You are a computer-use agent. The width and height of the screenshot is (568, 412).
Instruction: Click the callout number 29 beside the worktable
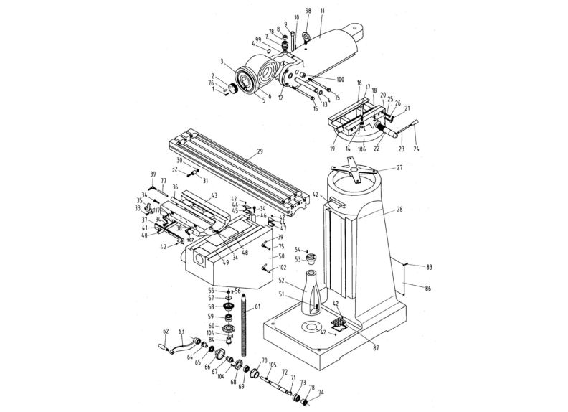(x=260, y=152)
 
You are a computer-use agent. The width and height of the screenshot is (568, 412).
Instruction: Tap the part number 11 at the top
(x=322, y=11)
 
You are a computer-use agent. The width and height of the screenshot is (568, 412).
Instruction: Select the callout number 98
(x=308, y=11)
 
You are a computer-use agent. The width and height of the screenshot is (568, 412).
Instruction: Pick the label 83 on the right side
(x=430, y=267)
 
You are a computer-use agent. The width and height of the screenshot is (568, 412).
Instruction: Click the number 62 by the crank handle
(x=166, y=332)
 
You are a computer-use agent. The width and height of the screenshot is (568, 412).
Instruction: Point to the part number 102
(x=283, y=268)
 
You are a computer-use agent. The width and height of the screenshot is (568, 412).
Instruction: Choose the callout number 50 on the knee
(x=281, y=256)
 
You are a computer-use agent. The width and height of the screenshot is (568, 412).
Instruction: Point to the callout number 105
(x=273, y=365)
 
